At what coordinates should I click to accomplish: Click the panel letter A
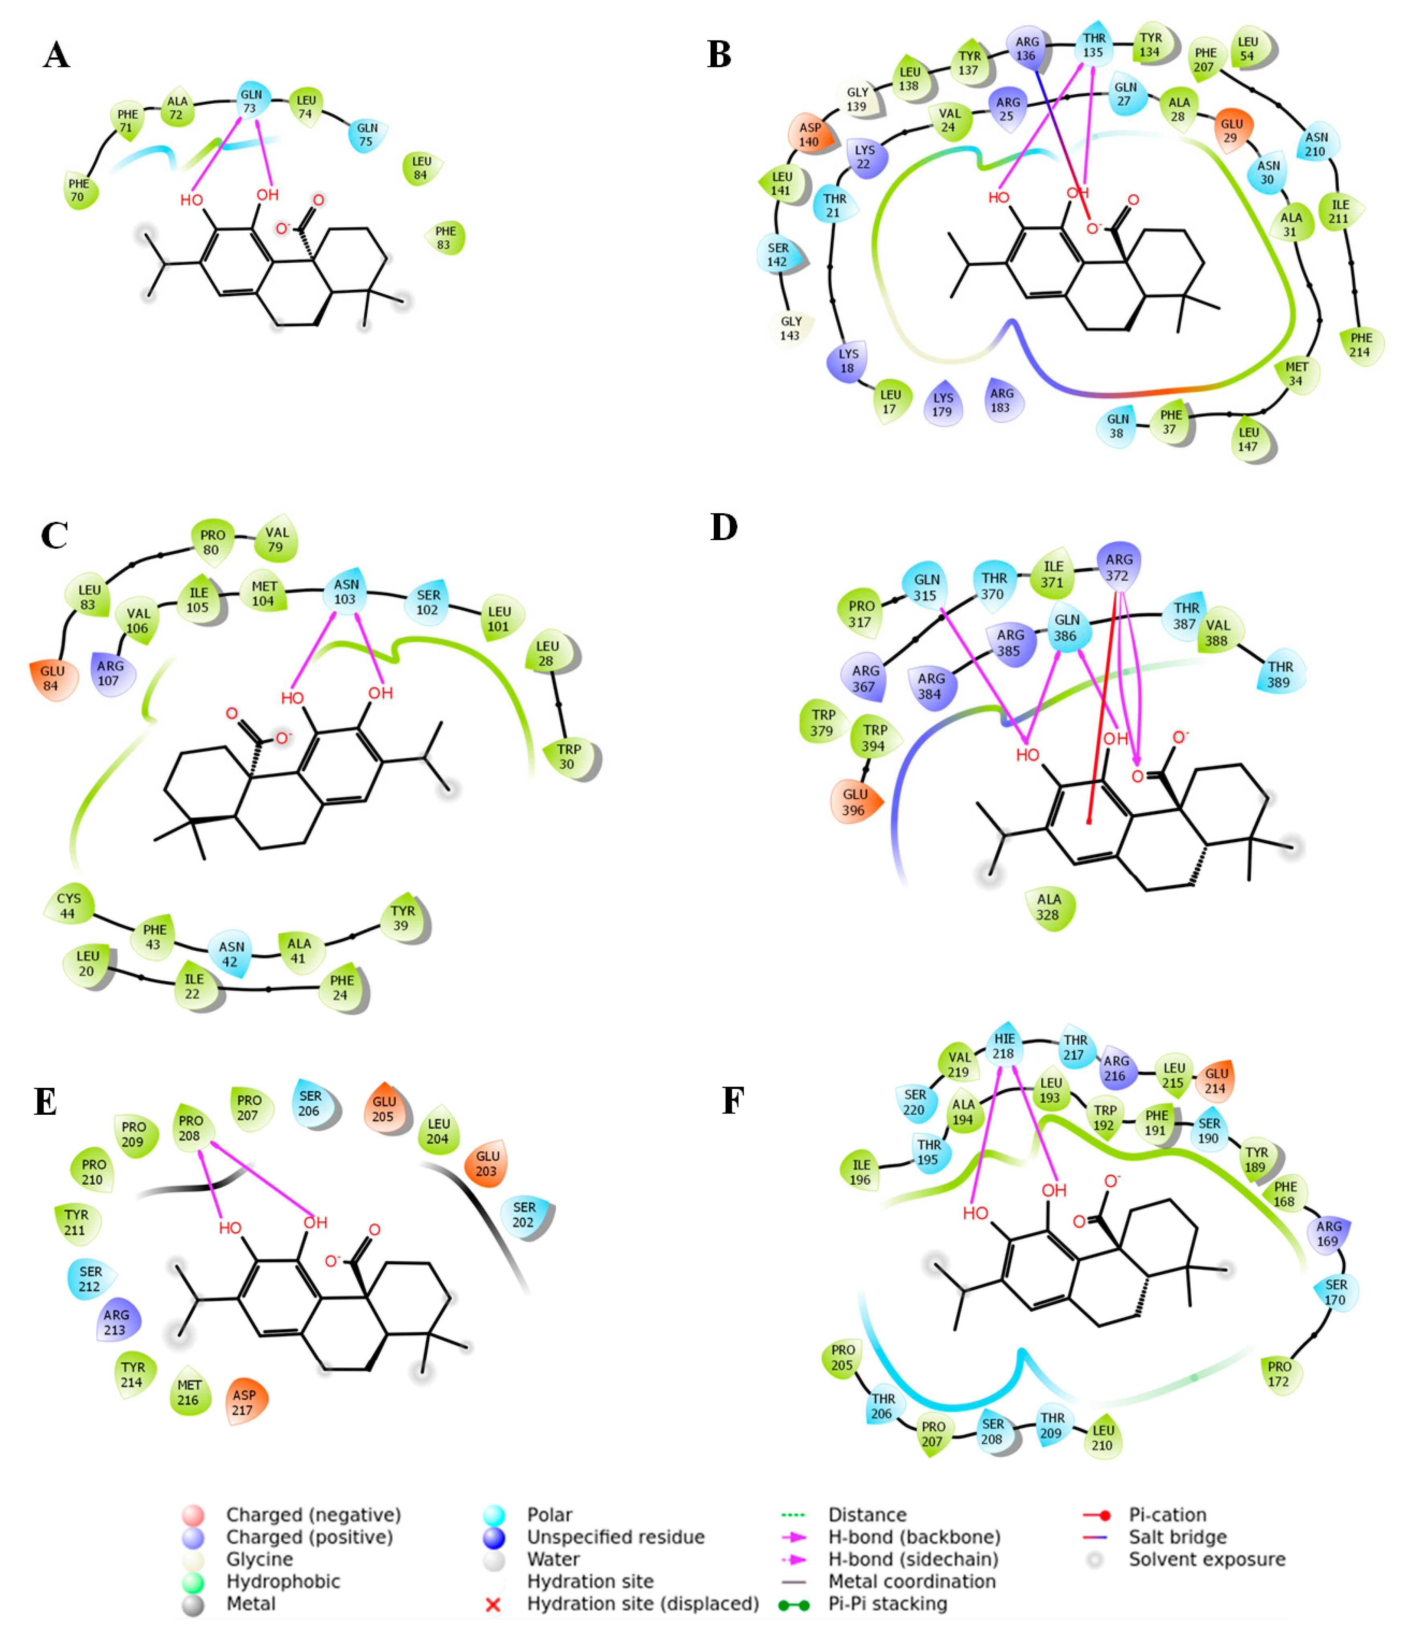coord(56,55)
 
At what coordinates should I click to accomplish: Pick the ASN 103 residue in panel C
coord(345,591)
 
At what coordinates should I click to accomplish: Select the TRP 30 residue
coord(568,756)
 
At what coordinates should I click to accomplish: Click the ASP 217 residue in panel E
coord(244,1402)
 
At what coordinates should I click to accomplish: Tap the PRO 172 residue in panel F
coord(1278,1374)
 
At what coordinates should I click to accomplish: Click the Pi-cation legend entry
coord(1167,1515)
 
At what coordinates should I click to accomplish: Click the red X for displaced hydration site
coord(493,1604)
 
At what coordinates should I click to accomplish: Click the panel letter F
coord(733,1101)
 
